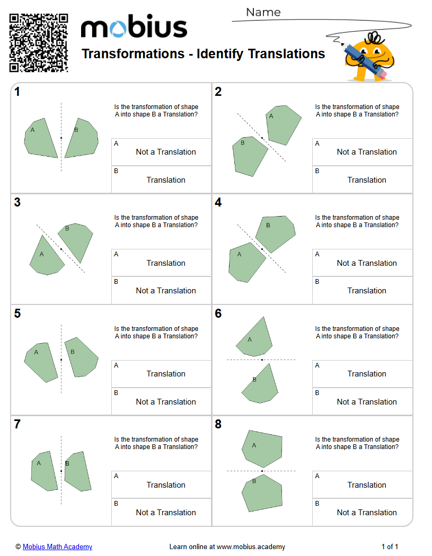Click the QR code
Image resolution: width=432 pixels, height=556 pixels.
(39, 43)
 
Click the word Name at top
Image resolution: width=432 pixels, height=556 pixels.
(263, 12)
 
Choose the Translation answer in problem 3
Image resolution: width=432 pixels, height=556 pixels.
(166, 263)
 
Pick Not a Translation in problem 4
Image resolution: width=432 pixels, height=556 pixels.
(367, 263)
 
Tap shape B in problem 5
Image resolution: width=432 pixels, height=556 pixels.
(81, 357)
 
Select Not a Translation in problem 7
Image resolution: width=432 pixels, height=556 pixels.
(166, 513)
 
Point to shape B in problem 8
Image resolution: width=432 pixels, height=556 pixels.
(262, 494)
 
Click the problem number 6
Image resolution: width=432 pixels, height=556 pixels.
(218, 314)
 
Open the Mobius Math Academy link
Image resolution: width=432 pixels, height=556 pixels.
(57, 546)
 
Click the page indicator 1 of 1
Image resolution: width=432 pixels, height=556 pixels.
(390, 546)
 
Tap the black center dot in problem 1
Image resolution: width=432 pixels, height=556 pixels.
(61, 138)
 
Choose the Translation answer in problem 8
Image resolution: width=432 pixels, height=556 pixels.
(367, 485)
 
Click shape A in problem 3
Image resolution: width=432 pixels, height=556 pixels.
(45, 257)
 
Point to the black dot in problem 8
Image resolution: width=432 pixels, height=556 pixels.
(262, 471)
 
